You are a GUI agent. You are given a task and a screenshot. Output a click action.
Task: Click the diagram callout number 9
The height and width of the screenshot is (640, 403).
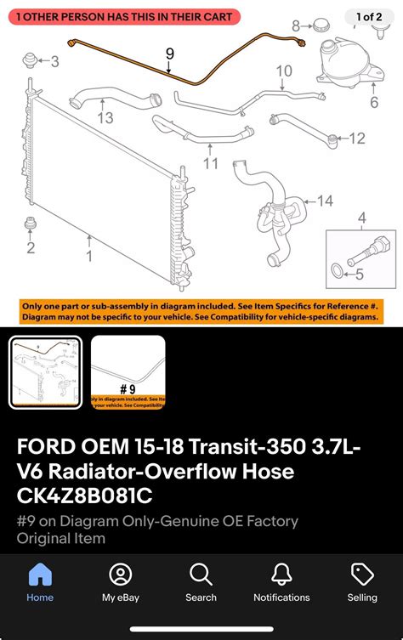170,54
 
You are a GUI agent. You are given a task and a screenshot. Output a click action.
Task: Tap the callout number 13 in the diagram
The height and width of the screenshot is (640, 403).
105,118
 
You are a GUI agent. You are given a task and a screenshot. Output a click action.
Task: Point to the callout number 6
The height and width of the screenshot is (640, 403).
374,103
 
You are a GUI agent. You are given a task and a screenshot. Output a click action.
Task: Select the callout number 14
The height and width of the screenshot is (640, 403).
326,201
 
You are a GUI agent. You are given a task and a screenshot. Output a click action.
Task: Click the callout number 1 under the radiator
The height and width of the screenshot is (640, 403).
89,254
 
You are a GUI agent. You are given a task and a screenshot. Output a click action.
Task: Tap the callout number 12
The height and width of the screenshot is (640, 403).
358,138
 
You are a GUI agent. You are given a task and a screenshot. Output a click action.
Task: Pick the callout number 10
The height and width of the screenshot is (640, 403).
284,71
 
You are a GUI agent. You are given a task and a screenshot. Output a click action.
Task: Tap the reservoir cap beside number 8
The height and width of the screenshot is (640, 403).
321,25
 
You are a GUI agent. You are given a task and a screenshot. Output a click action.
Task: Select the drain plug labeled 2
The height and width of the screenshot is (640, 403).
31,224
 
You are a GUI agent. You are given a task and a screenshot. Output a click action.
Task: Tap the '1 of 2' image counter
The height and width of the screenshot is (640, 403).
369,17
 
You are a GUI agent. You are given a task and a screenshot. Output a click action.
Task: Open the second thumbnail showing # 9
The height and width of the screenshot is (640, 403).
128,372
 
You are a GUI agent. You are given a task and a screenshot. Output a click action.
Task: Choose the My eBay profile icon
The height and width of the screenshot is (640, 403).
121,575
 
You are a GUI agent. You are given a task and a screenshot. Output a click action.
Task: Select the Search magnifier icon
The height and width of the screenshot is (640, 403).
201,575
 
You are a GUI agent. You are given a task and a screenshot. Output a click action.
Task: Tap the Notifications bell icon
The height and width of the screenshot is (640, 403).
281,575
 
